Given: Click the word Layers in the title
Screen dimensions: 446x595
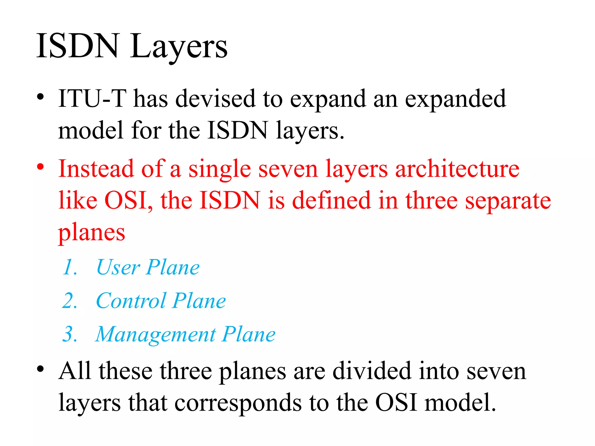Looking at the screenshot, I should pyautogui.click(x=178, y=46).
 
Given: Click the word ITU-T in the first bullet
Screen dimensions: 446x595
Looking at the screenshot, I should pyautogui.click(x=92, y=99).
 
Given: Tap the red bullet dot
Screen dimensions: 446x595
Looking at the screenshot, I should pyautogui.click(x=40, y=167).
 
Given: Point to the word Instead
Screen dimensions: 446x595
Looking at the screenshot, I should pyautogui.click(x=96, y=169).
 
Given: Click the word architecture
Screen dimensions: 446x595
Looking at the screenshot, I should pyautogui.click(x=457, y=169).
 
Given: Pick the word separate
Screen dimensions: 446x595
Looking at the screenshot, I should pyautogui.click(x=508, y=201).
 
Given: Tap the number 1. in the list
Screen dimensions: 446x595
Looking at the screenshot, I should pyautogui.click(x=70, y=267).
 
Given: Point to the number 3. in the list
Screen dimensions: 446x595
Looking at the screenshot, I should pyautogui.click(x=70, y=334).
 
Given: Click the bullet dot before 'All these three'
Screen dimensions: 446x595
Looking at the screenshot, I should pyautogui.click(x=40, y=369).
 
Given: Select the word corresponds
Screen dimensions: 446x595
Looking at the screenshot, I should pyautogui.click(x=238, y=403).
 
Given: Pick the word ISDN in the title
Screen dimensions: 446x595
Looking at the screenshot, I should pyautogui.click(x=78, y=46).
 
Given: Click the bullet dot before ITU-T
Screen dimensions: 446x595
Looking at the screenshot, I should pyautogui.click(x=40, y=97).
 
